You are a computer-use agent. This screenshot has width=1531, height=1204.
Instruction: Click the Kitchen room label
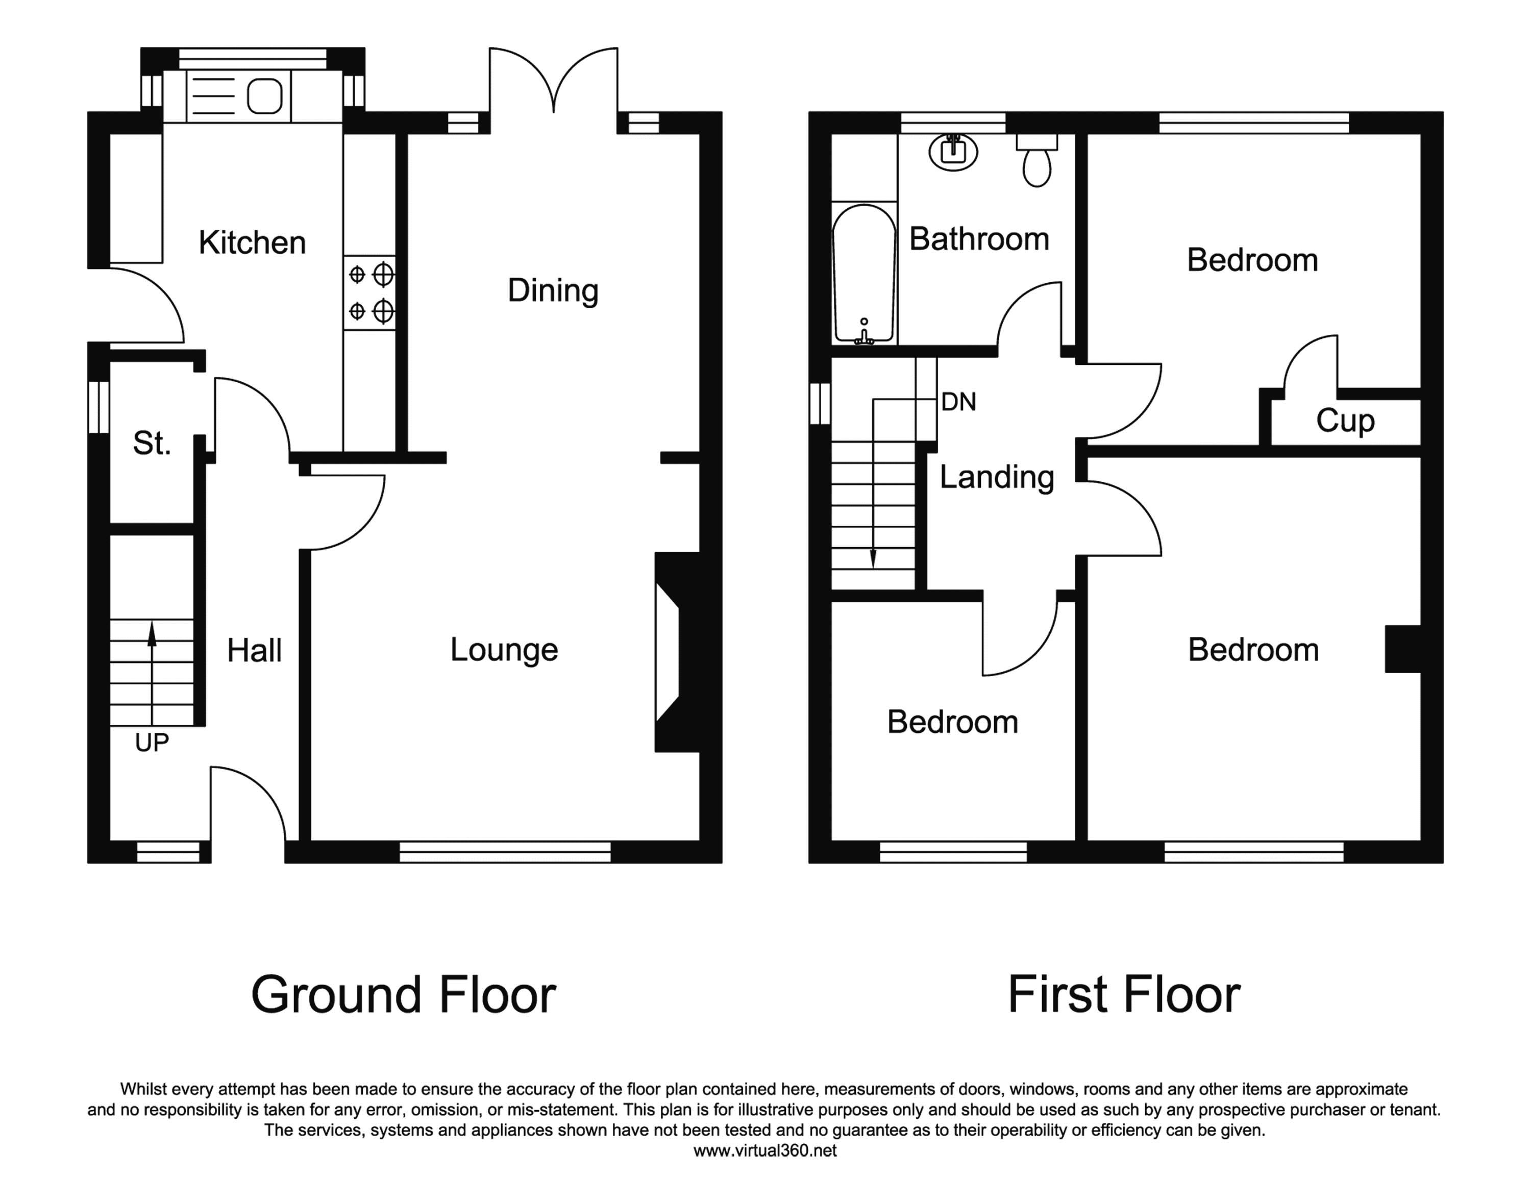pyautogui.click(x=252, y=242)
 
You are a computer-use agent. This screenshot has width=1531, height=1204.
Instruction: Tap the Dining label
pyautogui.click(x=553, y=290)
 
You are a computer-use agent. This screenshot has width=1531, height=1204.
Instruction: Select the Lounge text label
pyautogui.click(x=504, y=650)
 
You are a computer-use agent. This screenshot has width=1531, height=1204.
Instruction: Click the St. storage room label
pyautogui.click(x=152, y=444)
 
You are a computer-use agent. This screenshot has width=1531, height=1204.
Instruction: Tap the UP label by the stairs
pyautogui.click(x=152, y=742)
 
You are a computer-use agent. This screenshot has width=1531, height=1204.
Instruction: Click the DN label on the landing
pyautogui.click(x=958, y=402)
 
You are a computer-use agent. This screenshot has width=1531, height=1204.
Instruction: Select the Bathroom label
pyautogui.click(x=979, y=239)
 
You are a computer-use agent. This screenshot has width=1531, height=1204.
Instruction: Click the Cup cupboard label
pyautogui.click(x=1345, y=422)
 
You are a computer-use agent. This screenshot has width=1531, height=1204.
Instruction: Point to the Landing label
pyautogui.click(x=997, y=477)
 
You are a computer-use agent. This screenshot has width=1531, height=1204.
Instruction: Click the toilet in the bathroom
pyautogui.click(x=1037, y=160)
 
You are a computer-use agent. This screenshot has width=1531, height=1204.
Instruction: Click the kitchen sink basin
pyautogui.click(x=265, y=96)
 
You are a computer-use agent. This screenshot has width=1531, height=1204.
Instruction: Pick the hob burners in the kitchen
pyautogui.click(x=370, y=292)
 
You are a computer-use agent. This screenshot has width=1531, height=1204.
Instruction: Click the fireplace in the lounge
pyautogui.click(x=677, y=652)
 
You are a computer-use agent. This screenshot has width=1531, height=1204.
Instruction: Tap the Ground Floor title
pyautogui.click(x=403, y=995)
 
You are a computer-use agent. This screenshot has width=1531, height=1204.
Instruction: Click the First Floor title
pyautogui.click(x=1124, y=995)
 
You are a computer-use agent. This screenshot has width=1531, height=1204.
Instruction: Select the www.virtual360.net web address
pyautogui.click(x=765, y=1151)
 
